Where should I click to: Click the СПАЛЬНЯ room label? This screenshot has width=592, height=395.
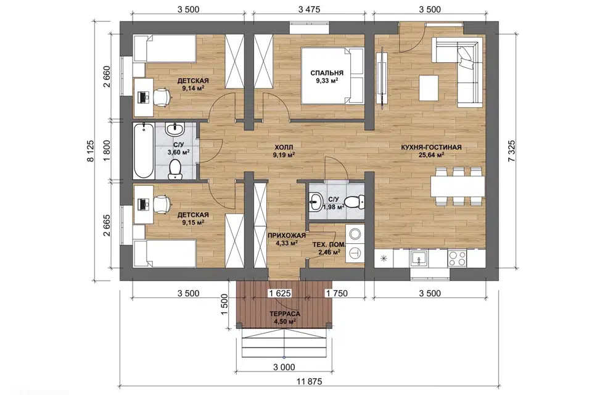click(327, 73)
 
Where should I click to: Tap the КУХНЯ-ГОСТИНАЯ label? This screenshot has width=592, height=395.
click(431, 148)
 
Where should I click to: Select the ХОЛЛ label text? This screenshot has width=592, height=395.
click(284, 147)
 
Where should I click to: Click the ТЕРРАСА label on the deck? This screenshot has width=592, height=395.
click(285, 314)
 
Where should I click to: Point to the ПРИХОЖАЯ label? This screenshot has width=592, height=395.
click(287, 236)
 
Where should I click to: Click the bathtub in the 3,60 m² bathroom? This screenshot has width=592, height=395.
click(144, 151)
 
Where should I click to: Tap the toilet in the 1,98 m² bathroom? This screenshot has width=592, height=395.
click(355, 202)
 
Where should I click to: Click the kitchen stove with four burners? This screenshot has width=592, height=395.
click(457, 259)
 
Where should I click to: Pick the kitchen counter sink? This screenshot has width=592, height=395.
click(419, 259)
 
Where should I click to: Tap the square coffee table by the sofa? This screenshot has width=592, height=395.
click(429, 88)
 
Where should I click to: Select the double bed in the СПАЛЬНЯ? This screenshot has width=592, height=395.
click(332, 75)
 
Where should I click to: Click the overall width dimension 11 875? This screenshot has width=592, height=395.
click(309, 381)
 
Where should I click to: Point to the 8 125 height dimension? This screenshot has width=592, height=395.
click(91, 151)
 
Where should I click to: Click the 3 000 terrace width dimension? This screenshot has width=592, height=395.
click(284, 367)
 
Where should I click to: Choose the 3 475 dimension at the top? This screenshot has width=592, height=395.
click(309, 9)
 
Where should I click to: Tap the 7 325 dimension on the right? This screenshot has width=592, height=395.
click(512, 151)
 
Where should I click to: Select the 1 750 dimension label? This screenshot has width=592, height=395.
click(337, 293)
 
